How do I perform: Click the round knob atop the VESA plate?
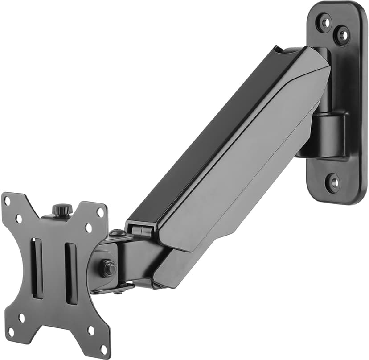tap(62, 209)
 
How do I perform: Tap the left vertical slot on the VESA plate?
tap(37, 268)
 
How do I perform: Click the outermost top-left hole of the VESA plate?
tap(7, 201)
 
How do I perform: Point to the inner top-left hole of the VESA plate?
tap(19, 219)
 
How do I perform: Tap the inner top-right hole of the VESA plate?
tap(89, 228)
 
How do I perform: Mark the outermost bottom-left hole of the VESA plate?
tap(10, 332)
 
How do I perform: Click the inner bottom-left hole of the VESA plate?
tap(21, 318)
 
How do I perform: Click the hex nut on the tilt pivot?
tap(107, 268)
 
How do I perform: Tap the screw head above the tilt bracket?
tap(117, 232)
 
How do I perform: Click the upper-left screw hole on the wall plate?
tap(324, 22)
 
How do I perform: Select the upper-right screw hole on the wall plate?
tap(342, 34)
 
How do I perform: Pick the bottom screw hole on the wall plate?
tap(333, 182)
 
